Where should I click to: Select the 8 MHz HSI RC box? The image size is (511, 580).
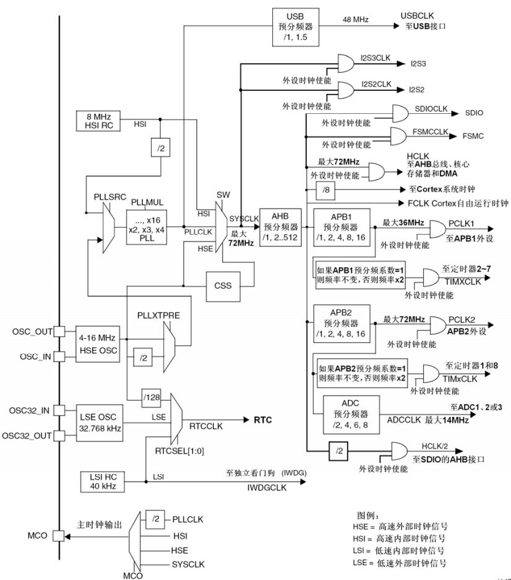98,120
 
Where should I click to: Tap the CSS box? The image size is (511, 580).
222,287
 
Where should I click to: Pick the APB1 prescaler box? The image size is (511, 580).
341,228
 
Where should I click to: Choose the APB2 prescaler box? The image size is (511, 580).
341,322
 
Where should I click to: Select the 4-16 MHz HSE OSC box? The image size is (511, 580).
97,342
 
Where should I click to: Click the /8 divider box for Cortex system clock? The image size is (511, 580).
325,188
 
